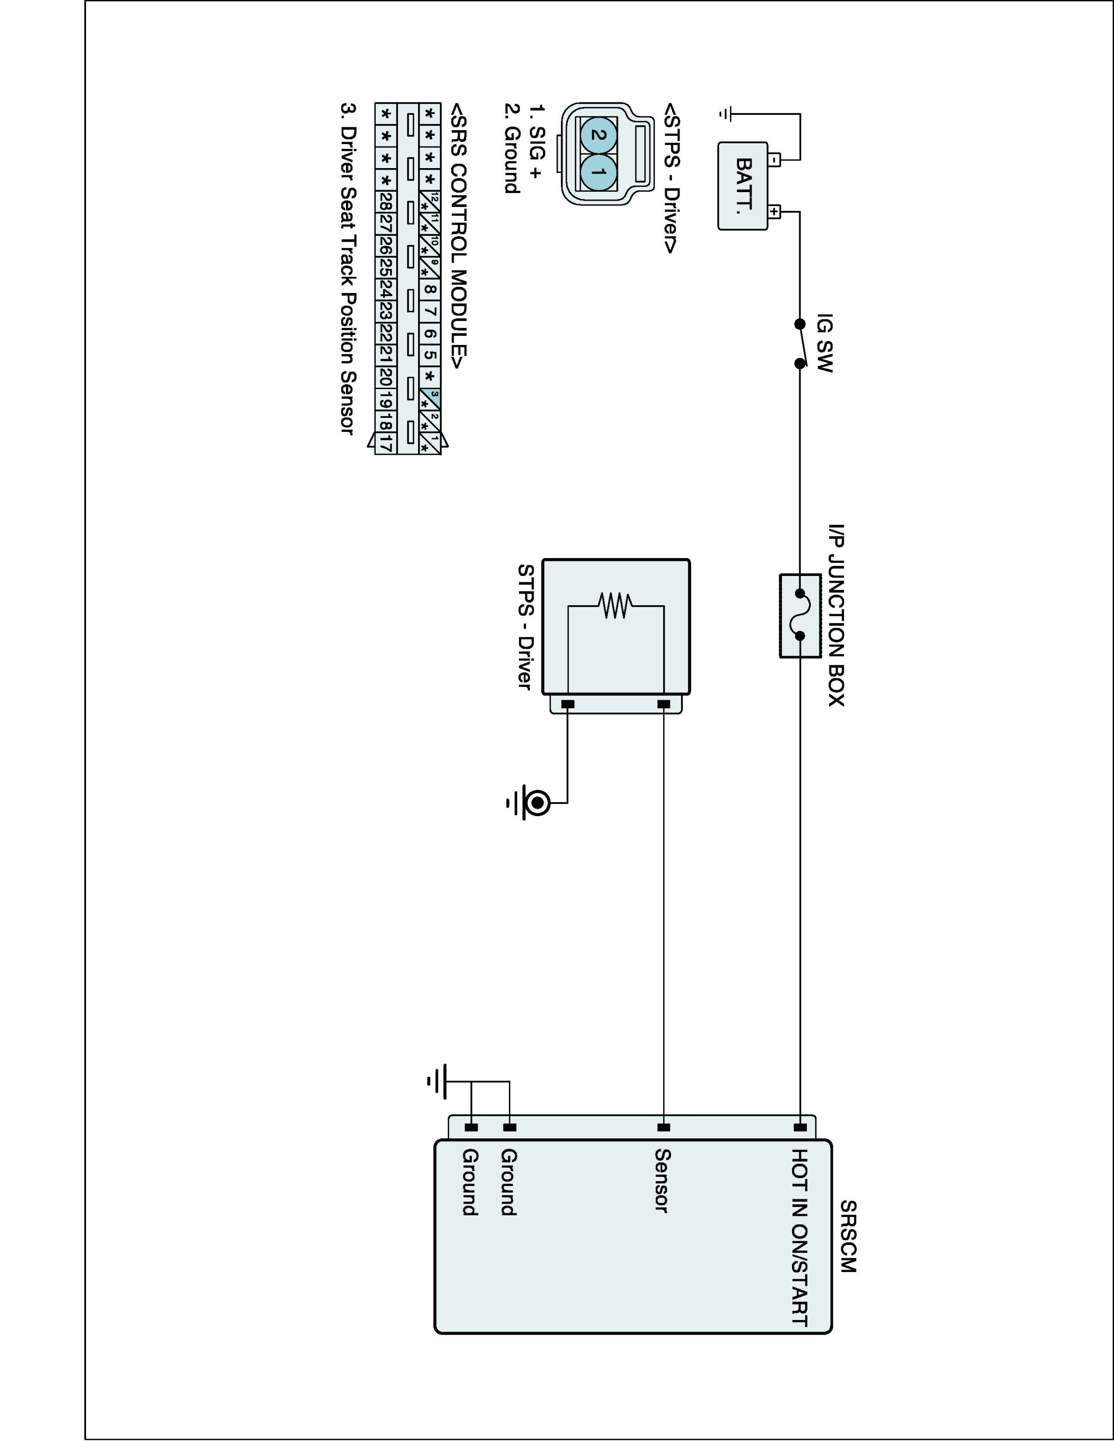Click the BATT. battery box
(x=743, y=186)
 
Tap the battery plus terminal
(x=774, y=212)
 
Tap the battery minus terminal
(x=774, y=159)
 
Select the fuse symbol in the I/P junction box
(x=800, y=615)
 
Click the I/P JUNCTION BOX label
(x=836, y=615)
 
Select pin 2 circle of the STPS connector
(x=599, y=134)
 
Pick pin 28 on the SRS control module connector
(x=386, y=201)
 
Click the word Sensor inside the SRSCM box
(x=663, y=1181)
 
